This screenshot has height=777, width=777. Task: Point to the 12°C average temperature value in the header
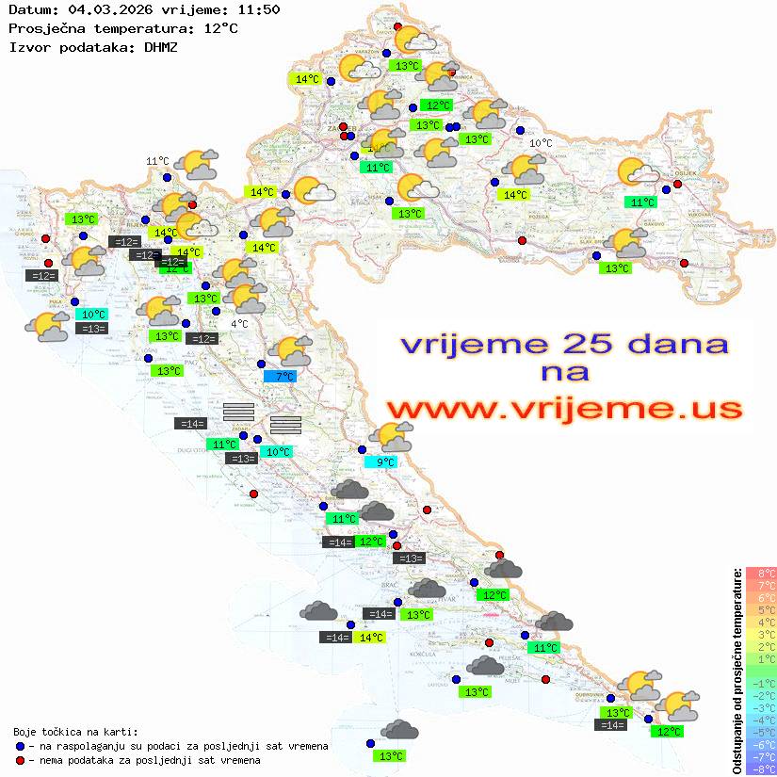pos(219,28)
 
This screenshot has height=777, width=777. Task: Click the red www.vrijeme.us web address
pos(563,409)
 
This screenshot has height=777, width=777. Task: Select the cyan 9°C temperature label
pos(384,461)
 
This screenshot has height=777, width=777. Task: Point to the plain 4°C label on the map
pos(239,324)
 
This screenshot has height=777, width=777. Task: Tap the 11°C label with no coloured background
pos(157,161)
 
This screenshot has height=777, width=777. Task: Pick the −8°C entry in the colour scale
pos(760,769)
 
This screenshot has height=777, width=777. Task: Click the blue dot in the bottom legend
pos(20,746)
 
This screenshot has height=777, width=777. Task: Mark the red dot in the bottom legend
pos(20,760)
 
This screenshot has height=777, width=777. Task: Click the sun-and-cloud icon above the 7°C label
pos(293,351)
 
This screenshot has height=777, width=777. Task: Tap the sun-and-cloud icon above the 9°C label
pos(391,436)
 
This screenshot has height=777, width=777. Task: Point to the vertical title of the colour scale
pos(737,671)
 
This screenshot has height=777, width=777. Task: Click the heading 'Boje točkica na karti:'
pos(75,732)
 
